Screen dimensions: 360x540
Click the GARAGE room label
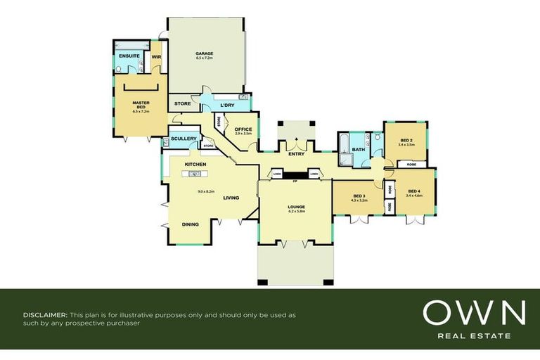point(205,53)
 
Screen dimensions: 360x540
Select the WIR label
point(157,56)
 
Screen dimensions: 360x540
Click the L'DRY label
point(226,105)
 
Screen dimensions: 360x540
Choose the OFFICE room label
point(243,129)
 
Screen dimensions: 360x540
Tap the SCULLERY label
point(184,139)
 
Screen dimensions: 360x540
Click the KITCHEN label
point(195,165)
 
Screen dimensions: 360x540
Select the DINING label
point(190,224)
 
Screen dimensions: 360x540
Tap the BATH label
point(359,149)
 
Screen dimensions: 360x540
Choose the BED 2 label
point(406,140)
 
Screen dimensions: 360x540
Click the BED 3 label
point(359,196)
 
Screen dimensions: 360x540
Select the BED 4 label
point(415,191)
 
